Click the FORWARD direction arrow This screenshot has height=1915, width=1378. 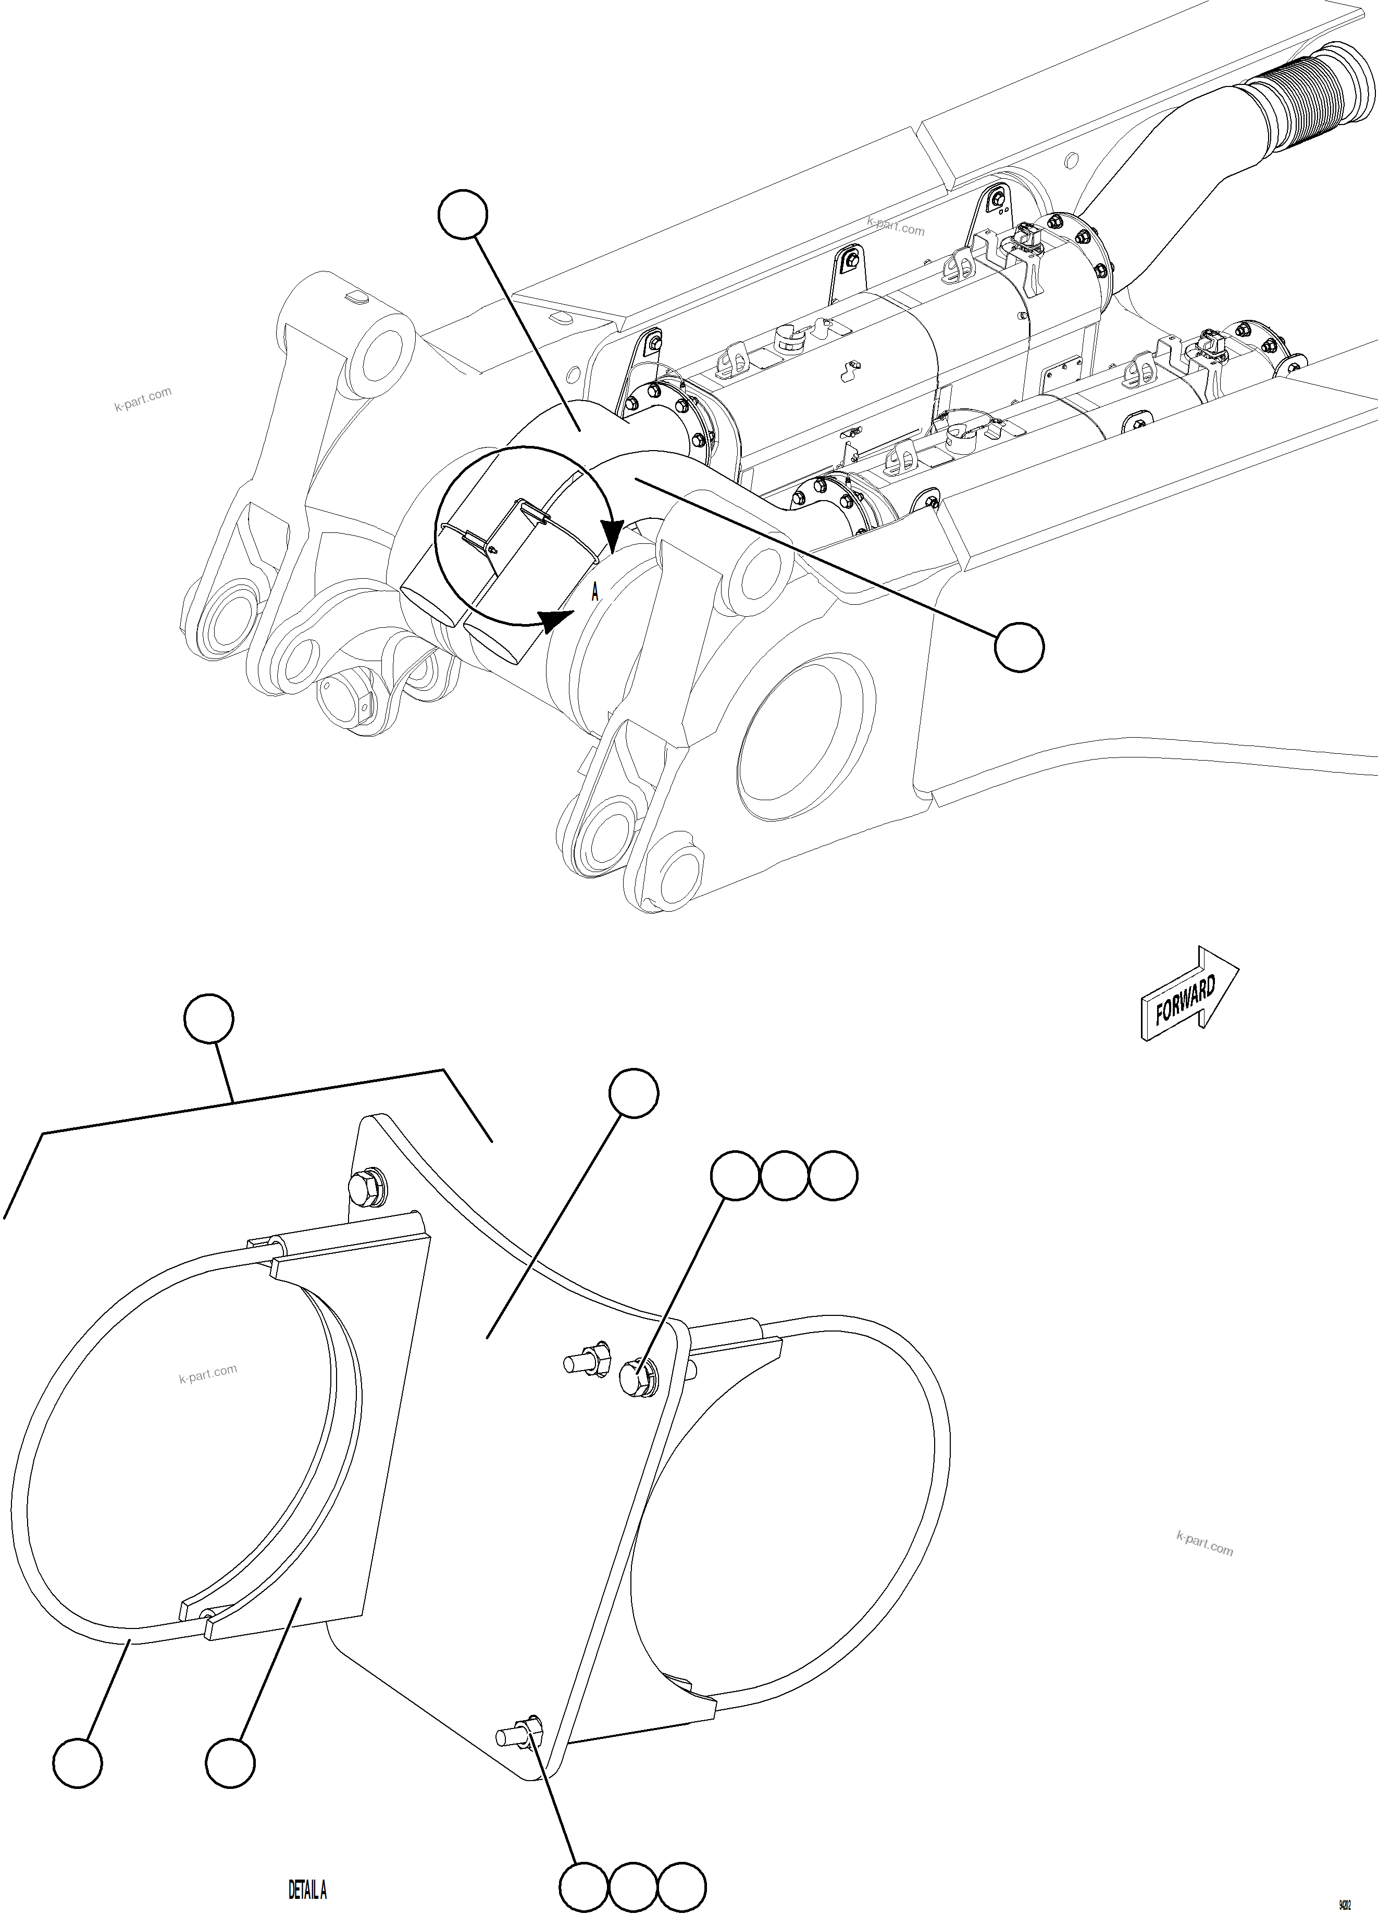[1189, 999]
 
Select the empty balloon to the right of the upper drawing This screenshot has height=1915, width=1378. [1019, 648]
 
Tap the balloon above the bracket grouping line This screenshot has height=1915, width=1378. [208, 1020]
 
